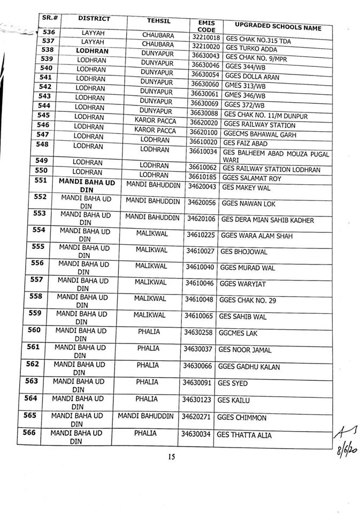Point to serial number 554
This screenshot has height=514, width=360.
click(39, 230)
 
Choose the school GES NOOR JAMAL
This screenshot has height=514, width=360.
click(244, 350)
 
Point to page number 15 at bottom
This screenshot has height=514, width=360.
click(172, 457)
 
